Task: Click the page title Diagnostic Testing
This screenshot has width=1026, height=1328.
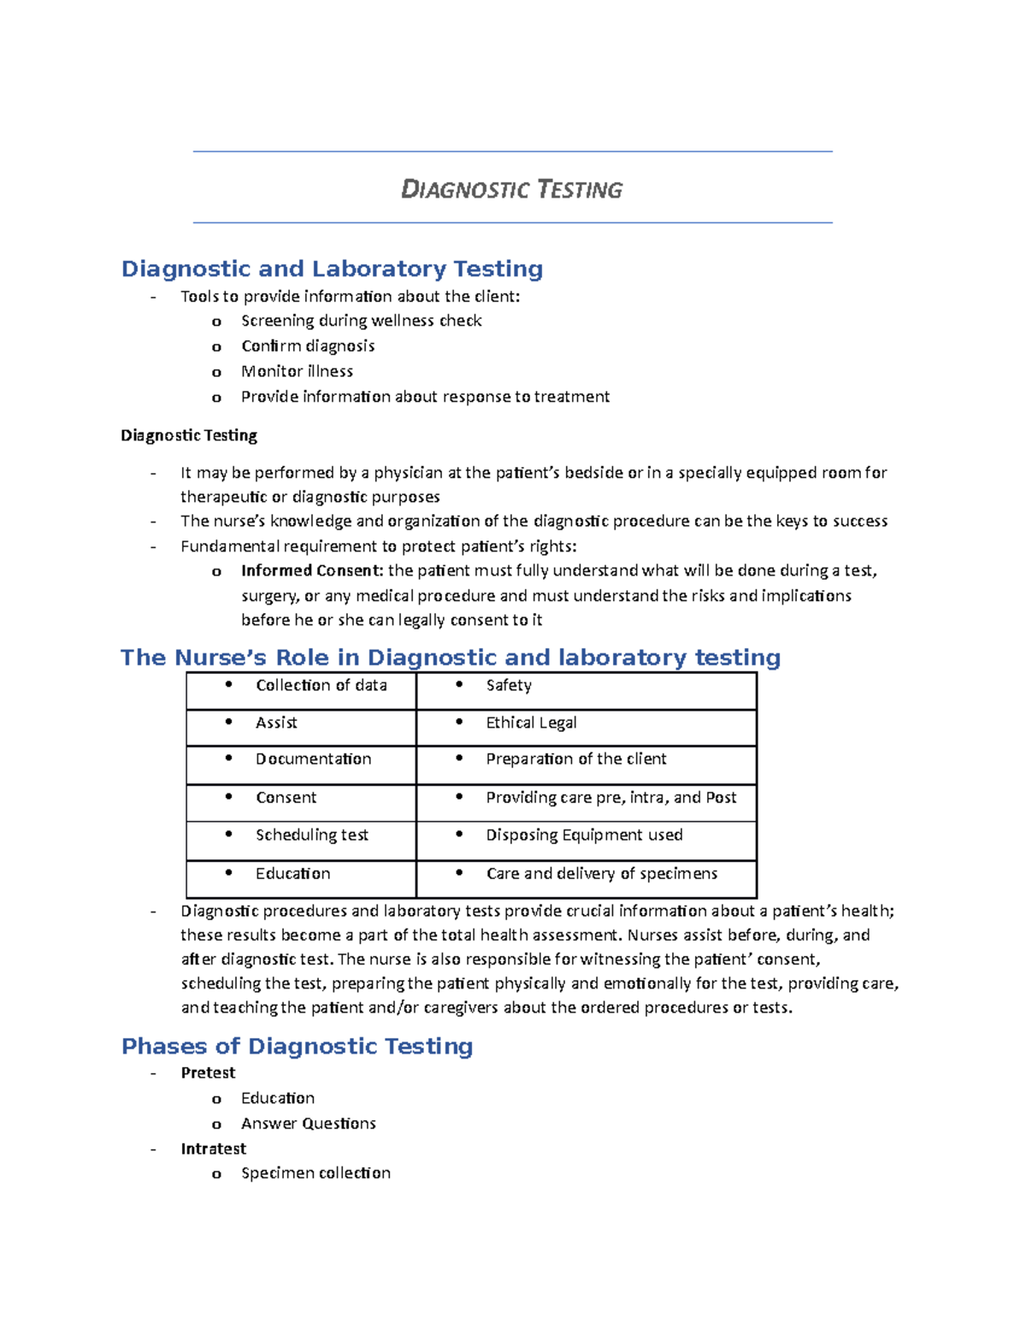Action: [x=511, y=189]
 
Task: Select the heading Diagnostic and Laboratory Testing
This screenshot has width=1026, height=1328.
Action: [x=332, y=269]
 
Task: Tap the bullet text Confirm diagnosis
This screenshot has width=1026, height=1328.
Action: [x=308, y=345]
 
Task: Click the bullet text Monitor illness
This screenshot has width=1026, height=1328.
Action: [x=297, y=371]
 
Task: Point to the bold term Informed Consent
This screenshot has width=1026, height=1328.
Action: [x=312, y=570]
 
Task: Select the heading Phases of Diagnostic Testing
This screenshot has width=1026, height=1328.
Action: [x=297, y=1046]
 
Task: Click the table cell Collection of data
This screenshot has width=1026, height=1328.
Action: [x=321, y=685]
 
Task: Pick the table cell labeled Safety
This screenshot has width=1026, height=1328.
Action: [x=509, y=685]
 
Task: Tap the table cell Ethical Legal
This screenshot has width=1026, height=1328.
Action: [x=531, y=723]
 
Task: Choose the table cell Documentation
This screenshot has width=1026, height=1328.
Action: [x=313, y=758]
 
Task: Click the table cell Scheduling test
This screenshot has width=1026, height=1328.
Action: [x=311, y=835]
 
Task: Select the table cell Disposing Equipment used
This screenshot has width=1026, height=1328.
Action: [x=584, y=835]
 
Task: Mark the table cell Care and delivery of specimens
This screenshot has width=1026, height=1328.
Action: [x=601, y=873]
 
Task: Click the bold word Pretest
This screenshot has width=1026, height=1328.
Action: [x=208, y=1072]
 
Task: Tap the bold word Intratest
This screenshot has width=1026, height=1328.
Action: [x=213, y=1148]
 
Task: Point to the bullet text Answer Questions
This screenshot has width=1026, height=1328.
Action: [x=308, y=1123]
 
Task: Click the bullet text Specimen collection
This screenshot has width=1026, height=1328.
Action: [x=315, y=1172]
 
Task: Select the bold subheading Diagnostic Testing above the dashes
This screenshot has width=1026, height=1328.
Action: [x=189, y=435]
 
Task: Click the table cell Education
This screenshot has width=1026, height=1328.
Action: [x=292, y=873]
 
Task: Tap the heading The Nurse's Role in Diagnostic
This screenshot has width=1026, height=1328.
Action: [x=450, y=657]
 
